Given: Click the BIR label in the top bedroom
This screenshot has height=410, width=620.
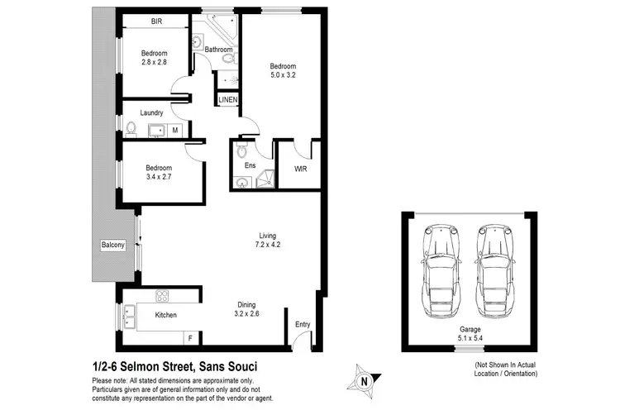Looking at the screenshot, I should pos(156,21).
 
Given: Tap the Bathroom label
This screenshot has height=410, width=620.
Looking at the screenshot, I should pos(219,50).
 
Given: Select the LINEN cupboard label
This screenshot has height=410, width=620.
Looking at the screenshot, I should pos(228,100).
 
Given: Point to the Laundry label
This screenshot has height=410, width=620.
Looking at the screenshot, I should pos(151,113).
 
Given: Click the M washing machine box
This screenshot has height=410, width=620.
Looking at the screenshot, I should pos(175,130).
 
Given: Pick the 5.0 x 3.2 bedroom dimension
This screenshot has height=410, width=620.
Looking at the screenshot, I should pos(283,76).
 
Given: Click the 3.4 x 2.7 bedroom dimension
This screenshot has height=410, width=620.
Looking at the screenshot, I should pos(160,177).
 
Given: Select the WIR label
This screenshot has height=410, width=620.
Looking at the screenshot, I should pos(301,169).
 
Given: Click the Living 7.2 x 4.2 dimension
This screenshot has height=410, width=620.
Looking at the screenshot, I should pos(269,245).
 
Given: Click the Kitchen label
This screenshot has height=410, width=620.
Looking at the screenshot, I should pos(166,315).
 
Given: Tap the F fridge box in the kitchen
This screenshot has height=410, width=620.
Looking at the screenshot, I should pos(190,337).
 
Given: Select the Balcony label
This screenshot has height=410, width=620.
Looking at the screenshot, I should pos(112,246).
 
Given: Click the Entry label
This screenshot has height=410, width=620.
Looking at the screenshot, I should pos(303,326).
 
